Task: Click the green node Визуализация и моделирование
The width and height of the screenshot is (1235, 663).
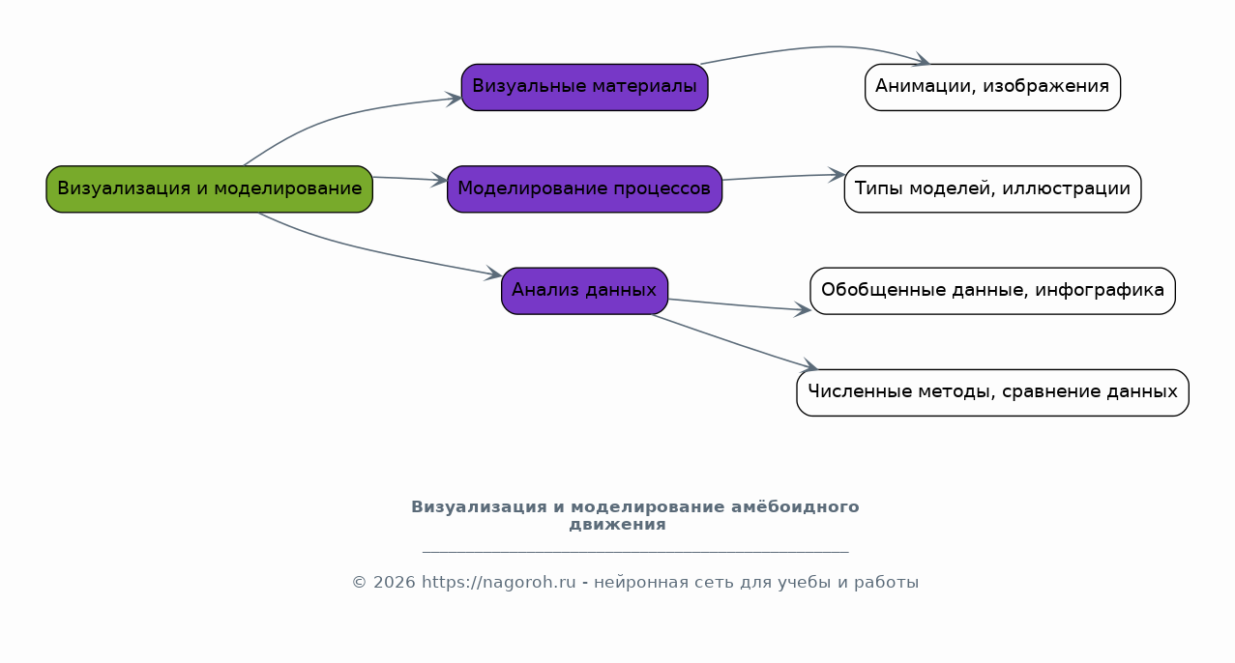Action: (210, 189)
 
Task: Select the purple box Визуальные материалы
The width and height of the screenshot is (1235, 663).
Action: (584, 87)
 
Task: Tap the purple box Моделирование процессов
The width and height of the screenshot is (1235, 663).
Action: (584, 189)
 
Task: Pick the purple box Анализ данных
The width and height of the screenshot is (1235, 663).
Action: (584, 291)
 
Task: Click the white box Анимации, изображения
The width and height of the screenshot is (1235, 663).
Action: (992, 87)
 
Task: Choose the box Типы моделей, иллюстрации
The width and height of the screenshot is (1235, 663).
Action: (992, 189)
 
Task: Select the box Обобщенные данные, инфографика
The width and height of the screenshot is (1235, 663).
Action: (992, 291)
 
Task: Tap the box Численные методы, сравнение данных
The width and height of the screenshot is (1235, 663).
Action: (992, 392)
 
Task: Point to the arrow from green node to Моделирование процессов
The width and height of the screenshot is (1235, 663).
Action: (410, 179)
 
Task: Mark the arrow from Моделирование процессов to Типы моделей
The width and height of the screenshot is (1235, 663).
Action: (783, 177)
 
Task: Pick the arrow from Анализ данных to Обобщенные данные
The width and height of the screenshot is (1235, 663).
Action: (739, 305)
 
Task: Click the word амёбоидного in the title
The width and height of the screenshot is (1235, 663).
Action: (795, 507)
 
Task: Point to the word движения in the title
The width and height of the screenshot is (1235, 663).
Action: (617, 525)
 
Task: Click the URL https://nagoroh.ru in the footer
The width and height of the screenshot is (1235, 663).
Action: (498, 583)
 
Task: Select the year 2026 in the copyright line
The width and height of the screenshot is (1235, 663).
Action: (395, 583)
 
